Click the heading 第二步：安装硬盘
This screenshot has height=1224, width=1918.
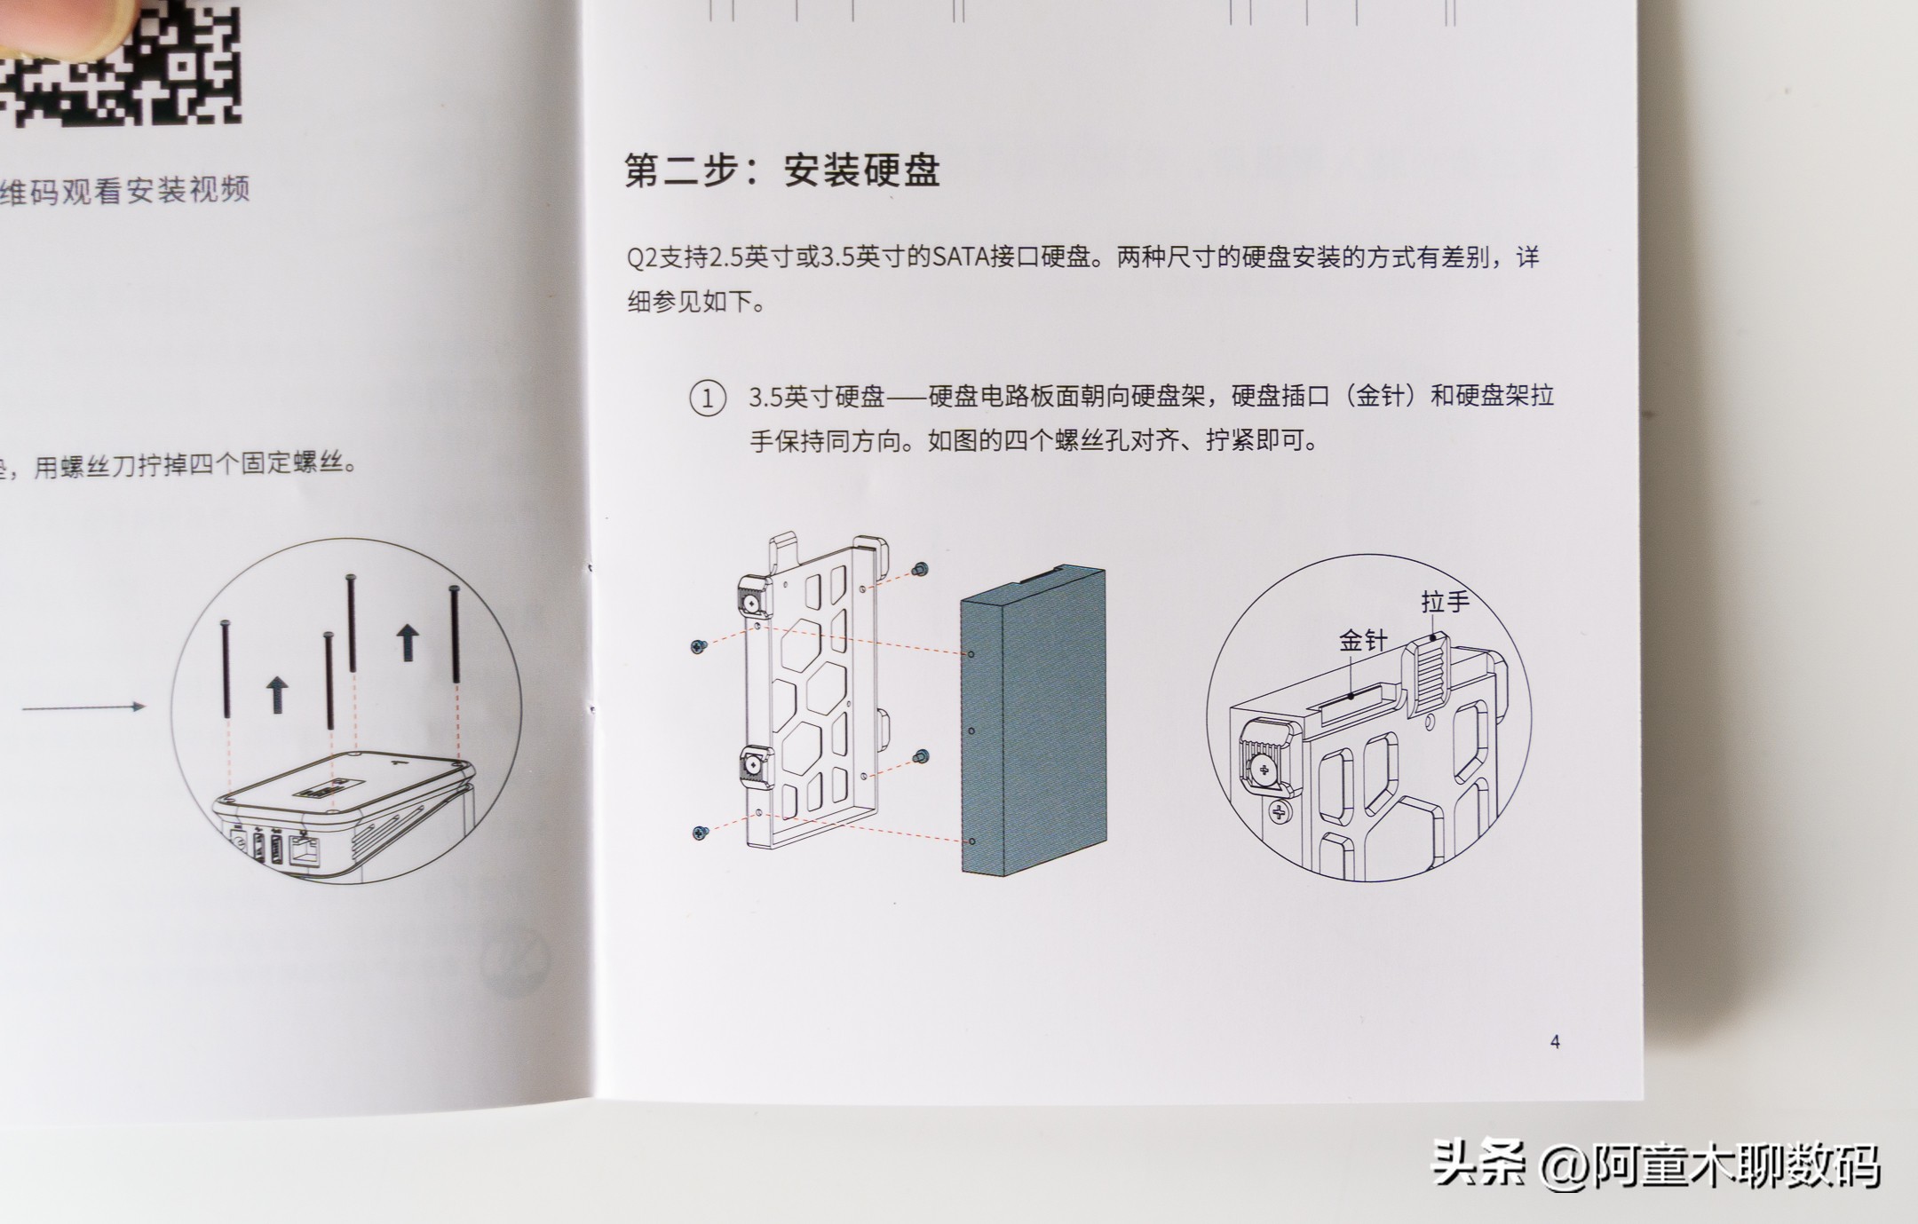click(x=781, y=170)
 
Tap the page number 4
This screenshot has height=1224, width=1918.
click(x=1555, y=1041)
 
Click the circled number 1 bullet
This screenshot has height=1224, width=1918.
click(x=707, y=398)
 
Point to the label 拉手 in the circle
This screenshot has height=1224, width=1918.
click(x=1445, y=603)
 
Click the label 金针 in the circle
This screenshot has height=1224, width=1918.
click(x=1362, y=641)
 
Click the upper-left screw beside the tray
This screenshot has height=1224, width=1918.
click(x=698, y=647)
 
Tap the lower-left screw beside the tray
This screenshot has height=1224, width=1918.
click(x=700, y=833)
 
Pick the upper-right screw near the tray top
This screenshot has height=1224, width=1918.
click(x=921, y=569)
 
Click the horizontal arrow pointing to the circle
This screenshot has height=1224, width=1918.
click(x=83, y=707)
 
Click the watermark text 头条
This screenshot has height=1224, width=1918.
click(x=1478, y=1165)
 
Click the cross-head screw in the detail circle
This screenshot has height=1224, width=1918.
click(x=1279, y=810)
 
